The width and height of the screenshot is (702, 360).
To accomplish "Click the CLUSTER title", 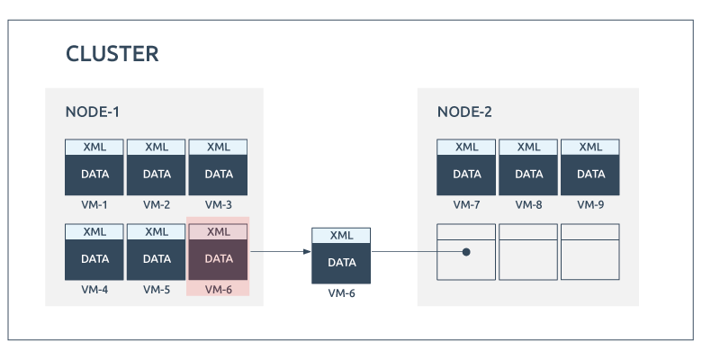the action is point(112,54).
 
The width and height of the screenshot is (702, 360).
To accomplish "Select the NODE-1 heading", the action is point(93,112).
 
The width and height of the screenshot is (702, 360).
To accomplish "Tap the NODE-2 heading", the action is point(464,112).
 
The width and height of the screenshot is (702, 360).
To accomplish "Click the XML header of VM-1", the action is point(94,147).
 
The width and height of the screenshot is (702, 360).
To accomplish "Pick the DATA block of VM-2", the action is point(157,175).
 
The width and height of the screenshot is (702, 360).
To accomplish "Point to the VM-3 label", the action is point(219,204).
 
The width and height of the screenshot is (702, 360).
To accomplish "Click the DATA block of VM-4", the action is point(94,260).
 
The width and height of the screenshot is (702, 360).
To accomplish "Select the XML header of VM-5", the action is point(157,231).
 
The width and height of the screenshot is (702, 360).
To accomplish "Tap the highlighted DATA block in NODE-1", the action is point(219,260).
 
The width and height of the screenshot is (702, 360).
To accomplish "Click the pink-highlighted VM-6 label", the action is point(219,290).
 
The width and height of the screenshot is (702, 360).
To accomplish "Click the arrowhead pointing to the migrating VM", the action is point(307,252).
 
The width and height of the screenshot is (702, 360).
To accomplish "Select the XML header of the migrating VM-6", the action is point(341,236).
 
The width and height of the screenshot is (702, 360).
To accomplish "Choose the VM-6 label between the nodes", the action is point(342,293).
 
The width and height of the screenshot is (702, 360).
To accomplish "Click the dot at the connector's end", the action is point(466,252).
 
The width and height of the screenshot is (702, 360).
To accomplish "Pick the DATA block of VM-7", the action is point(466,175).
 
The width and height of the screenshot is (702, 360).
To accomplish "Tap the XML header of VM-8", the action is point(528,147).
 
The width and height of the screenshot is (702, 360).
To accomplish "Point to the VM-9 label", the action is point(590,204).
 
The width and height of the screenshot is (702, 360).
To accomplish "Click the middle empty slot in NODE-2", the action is point(528,252).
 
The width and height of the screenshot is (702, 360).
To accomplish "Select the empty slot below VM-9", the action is point(590,252).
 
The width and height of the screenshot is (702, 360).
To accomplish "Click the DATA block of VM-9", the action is point(590,175).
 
